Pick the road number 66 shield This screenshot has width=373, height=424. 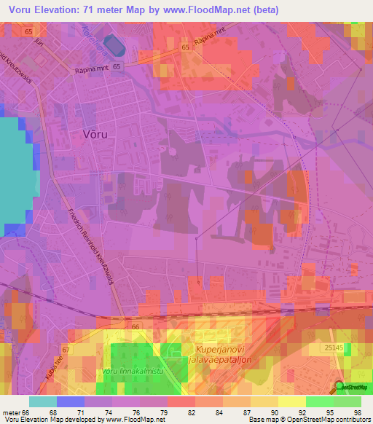point(136,328)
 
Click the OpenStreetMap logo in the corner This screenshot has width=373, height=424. point(352,388)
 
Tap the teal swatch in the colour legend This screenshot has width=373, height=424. point(42,401)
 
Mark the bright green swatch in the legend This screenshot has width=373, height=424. point(321,401)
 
